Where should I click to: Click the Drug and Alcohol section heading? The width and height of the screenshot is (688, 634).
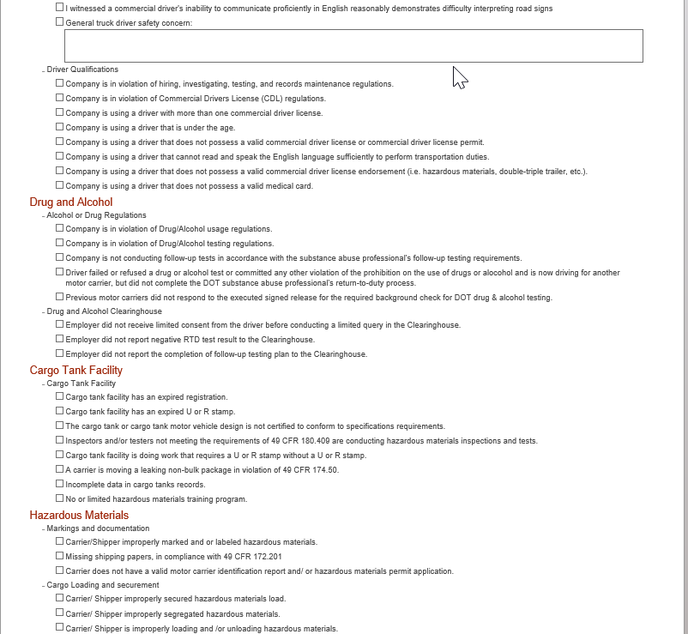[x=71, y=202]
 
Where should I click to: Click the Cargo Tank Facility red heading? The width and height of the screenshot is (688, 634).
[x=75, y=371]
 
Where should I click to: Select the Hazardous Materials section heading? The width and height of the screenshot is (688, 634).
[x=79, y=516]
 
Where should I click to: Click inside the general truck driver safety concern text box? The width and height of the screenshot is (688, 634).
[x=353, y=46]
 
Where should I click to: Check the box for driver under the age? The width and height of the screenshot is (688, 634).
[x=60, y=127]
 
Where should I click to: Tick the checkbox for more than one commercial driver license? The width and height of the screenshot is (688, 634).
[x=60, y=112]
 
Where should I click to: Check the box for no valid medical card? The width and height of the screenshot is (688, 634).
[x=60, y=185]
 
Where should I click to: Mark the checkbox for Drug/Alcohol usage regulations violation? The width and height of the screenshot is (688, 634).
[x=60, y=228]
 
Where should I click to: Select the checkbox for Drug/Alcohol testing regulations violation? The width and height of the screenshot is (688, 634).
[x=60, y=243]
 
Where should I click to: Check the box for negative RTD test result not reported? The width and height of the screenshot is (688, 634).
[x=60, y=339]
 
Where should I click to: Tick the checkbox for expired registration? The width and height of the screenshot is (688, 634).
[x=60, y=396]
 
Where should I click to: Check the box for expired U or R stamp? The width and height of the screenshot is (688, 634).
[x=60, y=411]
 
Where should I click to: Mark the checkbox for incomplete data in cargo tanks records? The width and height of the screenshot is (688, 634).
[x=60, y=484]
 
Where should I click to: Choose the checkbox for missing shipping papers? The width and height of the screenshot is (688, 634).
[x=60, y=555]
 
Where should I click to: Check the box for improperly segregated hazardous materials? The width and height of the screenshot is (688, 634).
[x=60, y=613]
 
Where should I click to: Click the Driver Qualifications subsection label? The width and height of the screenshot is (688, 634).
[x=82, y=69]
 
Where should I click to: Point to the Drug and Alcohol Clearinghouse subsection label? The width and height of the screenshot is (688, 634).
[x=104, y=311]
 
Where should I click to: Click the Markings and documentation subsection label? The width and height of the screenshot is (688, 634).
[x=98, y=528]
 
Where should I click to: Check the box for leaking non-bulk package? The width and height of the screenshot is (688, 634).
[x=60, y=469]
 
